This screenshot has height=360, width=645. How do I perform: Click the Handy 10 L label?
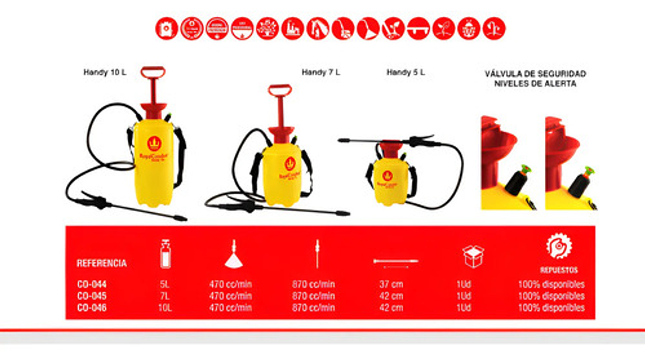tap(105, 72)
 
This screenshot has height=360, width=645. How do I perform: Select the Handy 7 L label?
tap(320, 72)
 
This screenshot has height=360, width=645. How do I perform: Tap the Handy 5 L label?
tap(406, 72)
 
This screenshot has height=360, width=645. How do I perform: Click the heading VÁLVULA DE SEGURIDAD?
tap(535, 73)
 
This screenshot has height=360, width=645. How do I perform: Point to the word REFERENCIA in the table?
tap(101, 263)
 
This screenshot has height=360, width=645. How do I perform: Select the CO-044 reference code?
tap(92, 284)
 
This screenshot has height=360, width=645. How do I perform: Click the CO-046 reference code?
tap(92, 308)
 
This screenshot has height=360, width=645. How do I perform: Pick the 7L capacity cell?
tap(165, 296)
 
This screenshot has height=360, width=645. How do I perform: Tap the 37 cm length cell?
tap(391, 284)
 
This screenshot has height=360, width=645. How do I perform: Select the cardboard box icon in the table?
tap(473, 256)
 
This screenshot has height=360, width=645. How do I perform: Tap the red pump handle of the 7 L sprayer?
tap(279, 89)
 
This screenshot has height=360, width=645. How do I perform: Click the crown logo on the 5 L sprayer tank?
tap(387, 175)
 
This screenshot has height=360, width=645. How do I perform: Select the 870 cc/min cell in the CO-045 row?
tap(314, 296)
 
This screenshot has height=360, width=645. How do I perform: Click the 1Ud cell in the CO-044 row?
tap(464, 284)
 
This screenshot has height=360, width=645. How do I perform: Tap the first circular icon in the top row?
tap(166, 29)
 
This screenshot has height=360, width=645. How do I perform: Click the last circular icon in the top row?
tap(494, 29)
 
